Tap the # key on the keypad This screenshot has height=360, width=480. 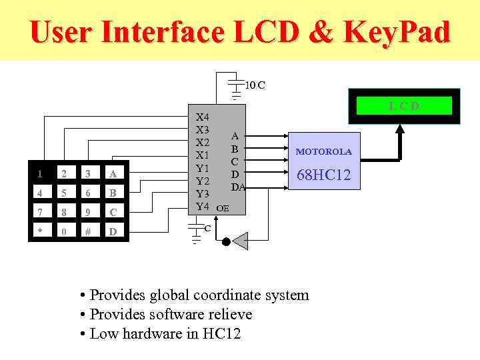click(88, 232)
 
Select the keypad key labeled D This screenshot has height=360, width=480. click(113, 232)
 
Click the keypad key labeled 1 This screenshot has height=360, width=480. click(41, 174)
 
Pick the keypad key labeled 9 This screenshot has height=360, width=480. click(88, 213)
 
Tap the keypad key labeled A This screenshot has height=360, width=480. click(113, 174)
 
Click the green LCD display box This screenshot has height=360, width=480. click(404, 106)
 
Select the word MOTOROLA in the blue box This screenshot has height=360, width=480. click(323, 152)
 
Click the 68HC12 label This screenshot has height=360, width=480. click(323, 175)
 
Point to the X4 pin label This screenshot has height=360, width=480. click(203, 117)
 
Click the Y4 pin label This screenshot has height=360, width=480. click(203, 207)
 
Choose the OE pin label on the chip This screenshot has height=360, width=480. click(223, 208)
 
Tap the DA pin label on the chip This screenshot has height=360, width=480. click(238, 187)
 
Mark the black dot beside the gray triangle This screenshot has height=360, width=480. click(226, 241)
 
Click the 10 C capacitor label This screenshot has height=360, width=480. click(255, 85)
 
